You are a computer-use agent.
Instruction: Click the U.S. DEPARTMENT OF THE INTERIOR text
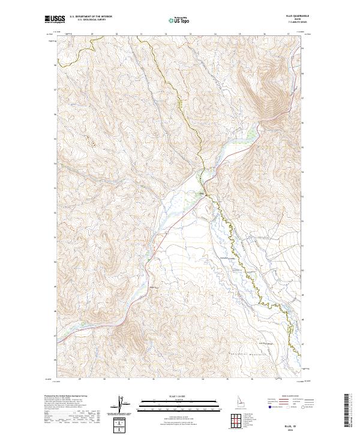point(91,16)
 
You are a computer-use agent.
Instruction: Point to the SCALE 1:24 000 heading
point(179,396)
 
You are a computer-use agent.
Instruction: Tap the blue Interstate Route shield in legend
point(268,406)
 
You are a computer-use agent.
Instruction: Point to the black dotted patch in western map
point(91,142)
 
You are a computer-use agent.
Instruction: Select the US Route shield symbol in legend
point(289,406)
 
